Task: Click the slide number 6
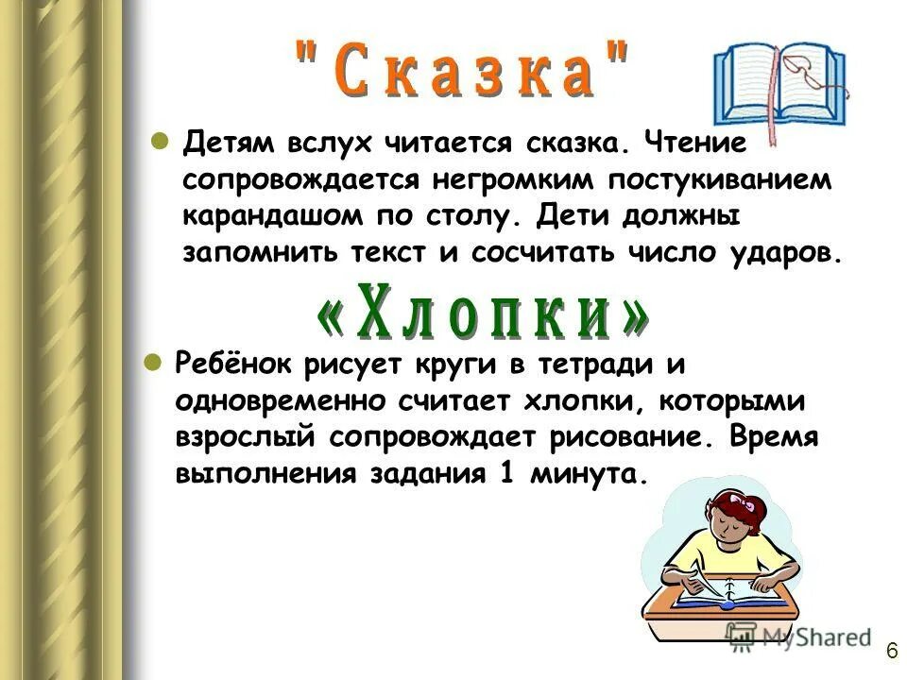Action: (x=891, y=651)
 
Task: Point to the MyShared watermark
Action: (x=798, y=637)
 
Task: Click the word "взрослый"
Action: (x=245, y=437)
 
